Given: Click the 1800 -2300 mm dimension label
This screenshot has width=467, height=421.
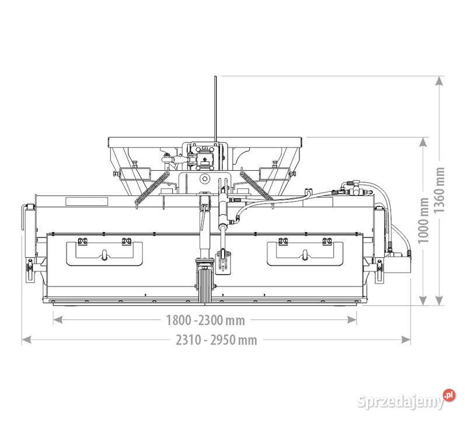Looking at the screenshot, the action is coord(205,320).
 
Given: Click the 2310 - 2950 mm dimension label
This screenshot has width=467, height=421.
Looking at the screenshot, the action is coord(216,340).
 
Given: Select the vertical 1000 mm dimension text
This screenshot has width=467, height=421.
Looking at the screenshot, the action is coord(423,220).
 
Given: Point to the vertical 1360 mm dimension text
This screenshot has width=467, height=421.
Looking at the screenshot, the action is coord(440,190).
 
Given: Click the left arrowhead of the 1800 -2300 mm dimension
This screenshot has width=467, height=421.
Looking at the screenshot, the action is coord(58,320).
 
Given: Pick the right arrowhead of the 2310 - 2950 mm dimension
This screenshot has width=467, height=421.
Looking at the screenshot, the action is coord(406,340).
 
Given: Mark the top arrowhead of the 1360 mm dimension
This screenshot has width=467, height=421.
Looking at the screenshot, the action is coord(440,81).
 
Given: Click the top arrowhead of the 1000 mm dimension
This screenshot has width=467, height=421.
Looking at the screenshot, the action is coord(423,142).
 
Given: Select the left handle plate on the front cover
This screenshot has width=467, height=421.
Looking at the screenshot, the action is coord(104,253).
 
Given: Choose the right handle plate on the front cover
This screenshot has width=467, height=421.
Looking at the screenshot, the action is coord(305,253).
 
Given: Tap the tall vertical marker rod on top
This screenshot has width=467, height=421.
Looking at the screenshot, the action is coord(215,109).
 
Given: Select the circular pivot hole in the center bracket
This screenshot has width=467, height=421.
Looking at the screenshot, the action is coord(205,178).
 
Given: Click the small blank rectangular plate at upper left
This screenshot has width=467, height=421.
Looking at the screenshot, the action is coord(86,201).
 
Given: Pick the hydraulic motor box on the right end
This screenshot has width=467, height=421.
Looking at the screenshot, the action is coord(398,263).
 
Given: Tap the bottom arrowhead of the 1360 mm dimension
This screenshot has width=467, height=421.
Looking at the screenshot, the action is coord(440,301).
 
